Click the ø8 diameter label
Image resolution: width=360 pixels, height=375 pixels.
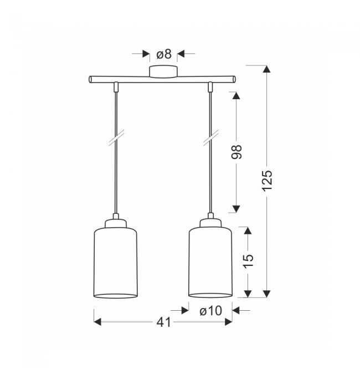tap(164, 54)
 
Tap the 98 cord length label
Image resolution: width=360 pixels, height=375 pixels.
tap(236, 152)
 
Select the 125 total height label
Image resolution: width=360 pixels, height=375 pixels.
tap(267, 181)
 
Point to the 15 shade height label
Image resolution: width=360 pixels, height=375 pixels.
tap(249, 261)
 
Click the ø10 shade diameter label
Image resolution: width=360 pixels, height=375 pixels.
tap(210, 311)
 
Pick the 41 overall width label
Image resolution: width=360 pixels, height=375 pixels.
tap(164, 322)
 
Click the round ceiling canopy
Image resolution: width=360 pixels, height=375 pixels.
tap(163, 71)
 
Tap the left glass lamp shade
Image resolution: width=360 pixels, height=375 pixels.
tap(116, 263)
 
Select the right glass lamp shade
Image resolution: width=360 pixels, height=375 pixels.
tap(210, 262)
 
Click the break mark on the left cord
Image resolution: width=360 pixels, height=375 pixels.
tap(116, 138)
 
